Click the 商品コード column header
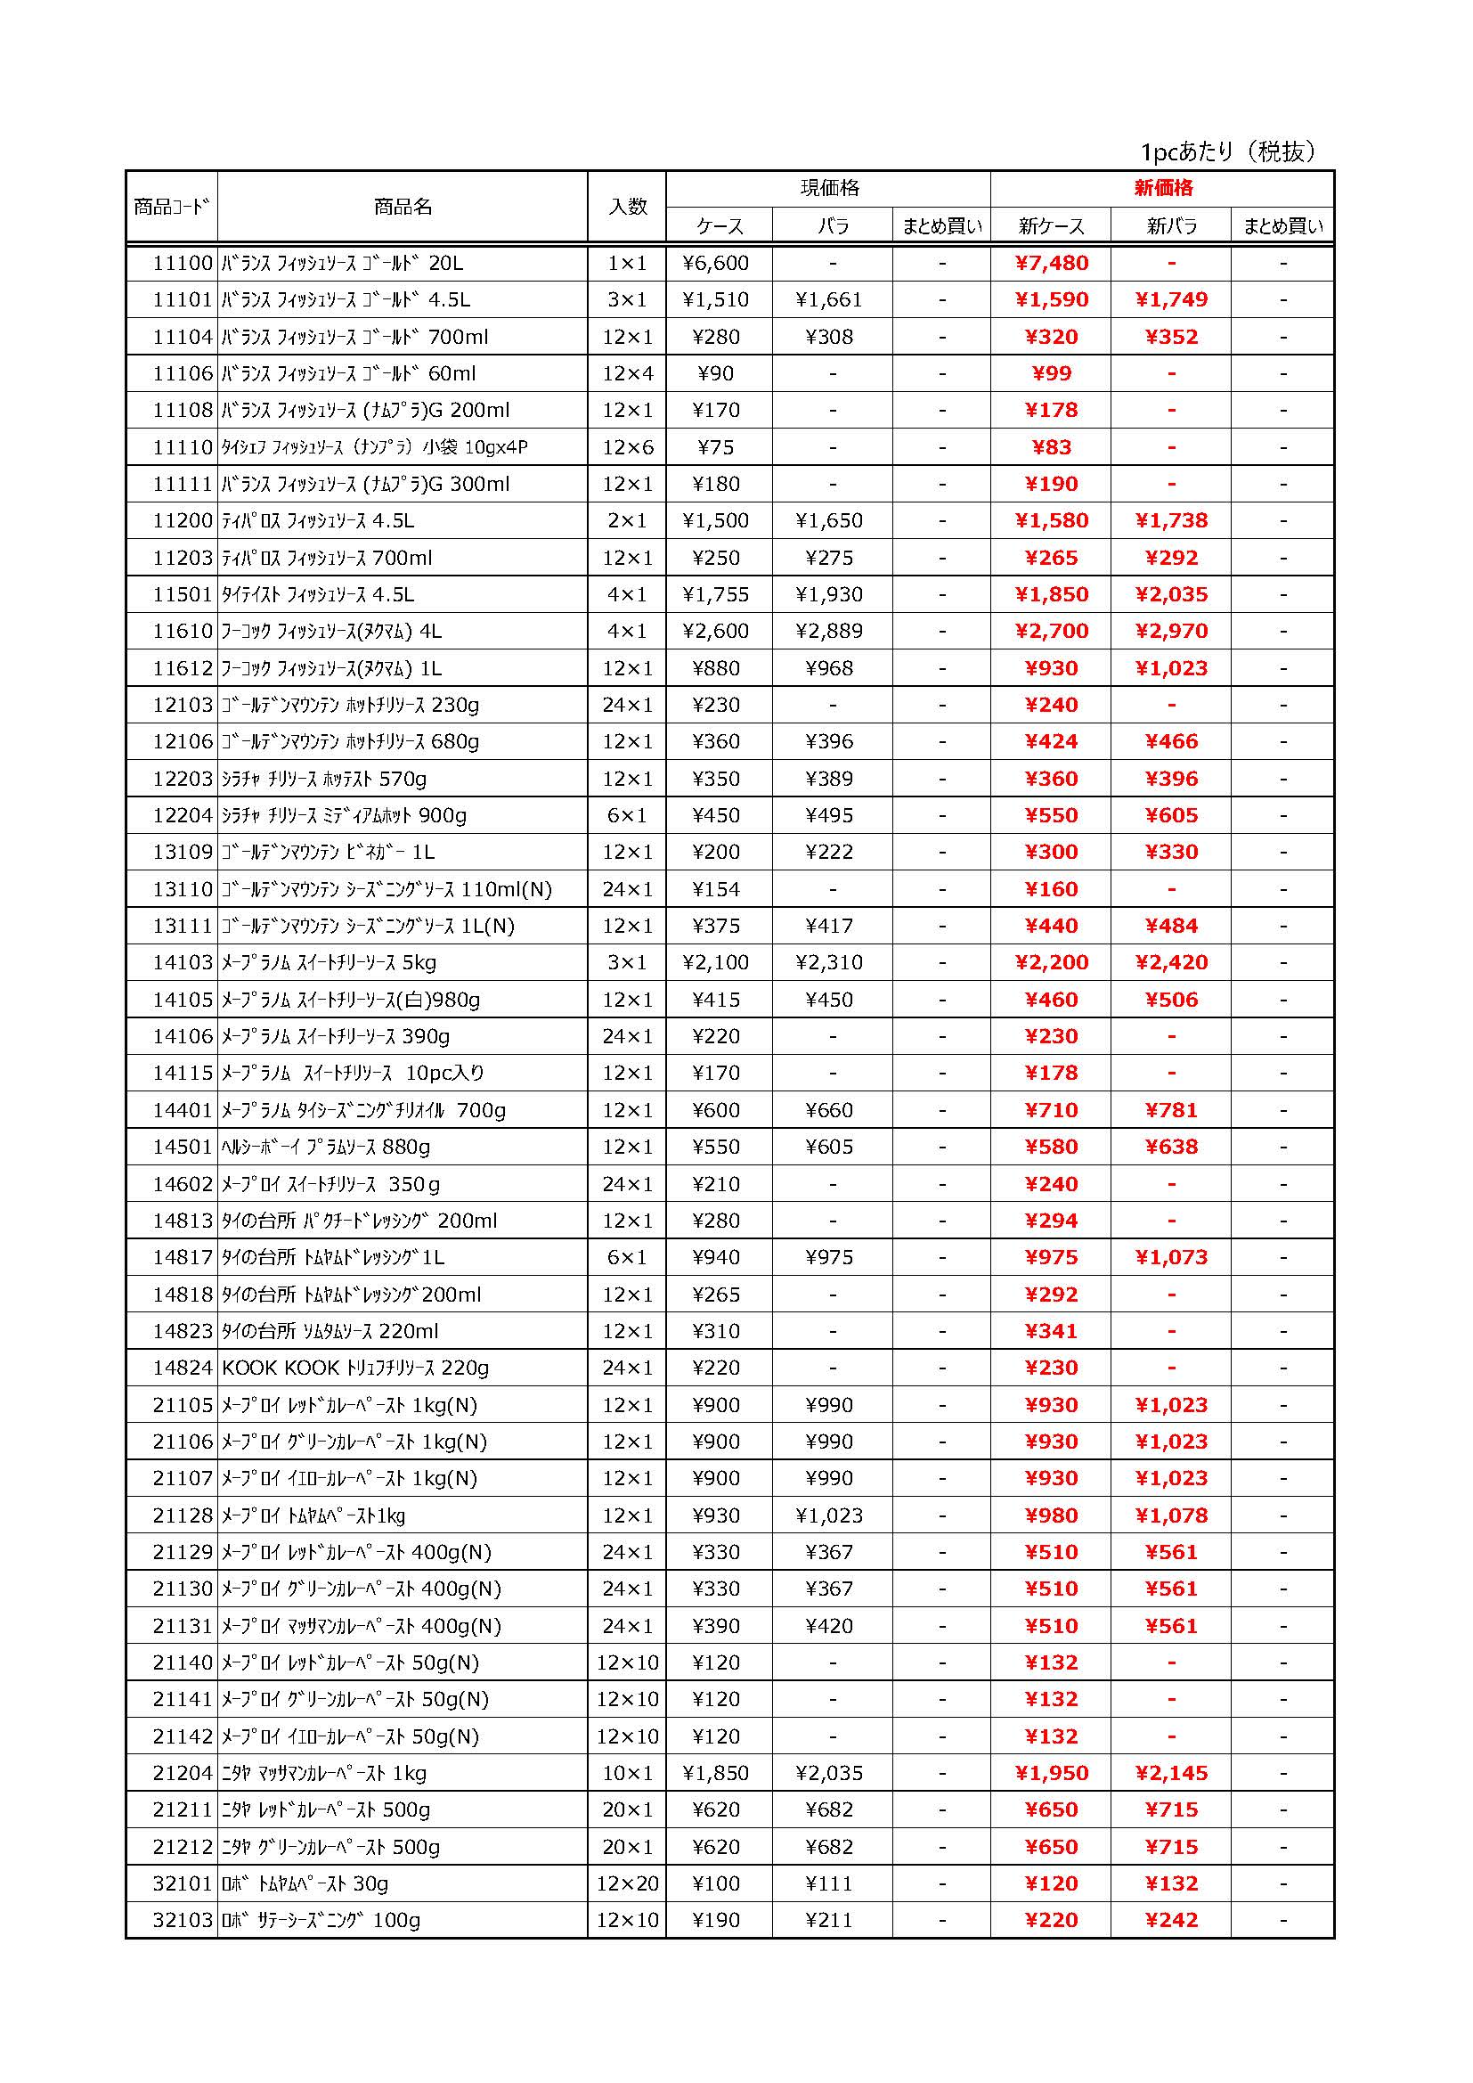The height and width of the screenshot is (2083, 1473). (171, 207)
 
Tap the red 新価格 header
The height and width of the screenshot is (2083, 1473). (1164, 189)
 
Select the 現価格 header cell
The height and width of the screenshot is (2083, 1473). (829, 189)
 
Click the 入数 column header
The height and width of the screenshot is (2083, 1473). (627, 207)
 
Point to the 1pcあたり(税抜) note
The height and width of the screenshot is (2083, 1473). (1228, 151)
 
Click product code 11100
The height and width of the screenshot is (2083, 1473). (183, 264)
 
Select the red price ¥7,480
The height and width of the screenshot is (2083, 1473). (1051, 264)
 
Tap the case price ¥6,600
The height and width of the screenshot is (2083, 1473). (717, 264)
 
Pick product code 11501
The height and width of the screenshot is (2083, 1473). (183, 595)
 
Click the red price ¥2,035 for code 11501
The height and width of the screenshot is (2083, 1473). (1171, 595)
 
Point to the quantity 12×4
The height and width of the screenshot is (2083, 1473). (627, 374)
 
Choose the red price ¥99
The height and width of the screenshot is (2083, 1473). (1051, 374)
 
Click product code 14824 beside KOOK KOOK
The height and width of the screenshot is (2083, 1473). (183, 1368)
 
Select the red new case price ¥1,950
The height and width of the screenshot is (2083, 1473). (1051, 1774)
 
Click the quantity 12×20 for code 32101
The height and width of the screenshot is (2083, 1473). (627, 1884)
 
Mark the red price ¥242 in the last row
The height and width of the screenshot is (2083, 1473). (1171, 1921)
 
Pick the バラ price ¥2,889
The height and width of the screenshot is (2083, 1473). (829, 632)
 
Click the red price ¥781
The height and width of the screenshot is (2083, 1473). (1171, 1110)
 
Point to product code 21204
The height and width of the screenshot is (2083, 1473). (183, 1774)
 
